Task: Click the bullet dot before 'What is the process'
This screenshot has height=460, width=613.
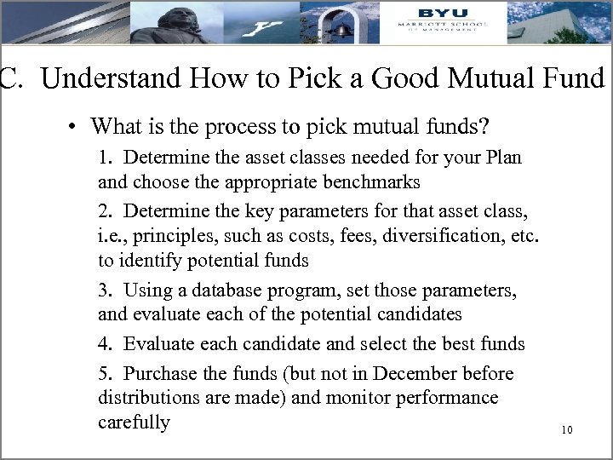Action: click(75, 129)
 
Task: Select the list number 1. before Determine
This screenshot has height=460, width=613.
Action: click(106, 158)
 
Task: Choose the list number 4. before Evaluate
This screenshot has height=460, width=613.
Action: click(106, 344)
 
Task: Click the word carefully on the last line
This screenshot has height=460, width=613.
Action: click(134, 422)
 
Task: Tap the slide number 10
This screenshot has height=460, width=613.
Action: click(567, 430)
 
